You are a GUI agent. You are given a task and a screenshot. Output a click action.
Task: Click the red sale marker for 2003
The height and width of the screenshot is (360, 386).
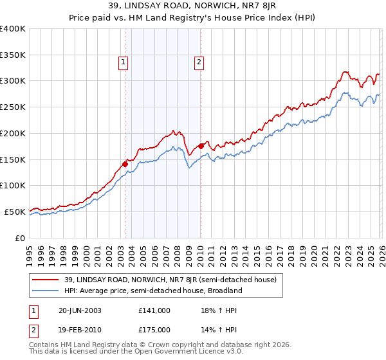[125, 164]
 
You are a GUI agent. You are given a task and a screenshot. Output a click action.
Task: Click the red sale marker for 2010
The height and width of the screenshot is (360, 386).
[200, 146]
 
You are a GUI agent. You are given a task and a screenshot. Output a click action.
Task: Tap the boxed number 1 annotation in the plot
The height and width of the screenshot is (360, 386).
[122, 62]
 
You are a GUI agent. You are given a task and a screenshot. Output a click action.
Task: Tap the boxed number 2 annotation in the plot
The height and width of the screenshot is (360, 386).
[199, 62]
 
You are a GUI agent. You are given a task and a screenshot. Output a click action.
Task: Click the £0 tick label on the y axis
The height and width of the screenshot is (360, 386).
[20, 238]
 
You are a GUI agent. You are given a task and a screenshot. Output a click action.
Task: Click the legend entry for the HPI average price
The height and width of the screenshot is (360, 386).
[152, 291]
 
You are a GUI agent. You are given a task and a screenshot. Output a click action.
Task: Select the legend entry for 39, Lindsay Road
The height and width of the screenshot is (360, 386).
[170, 280]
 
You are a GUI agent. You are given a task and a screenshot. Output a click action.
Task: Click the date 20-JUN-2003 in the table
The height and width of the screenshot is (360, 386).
[77, 310]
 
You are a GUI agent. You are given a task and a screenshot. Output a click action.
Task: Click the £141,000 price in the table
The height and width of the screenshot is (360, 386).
[154, 310]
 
